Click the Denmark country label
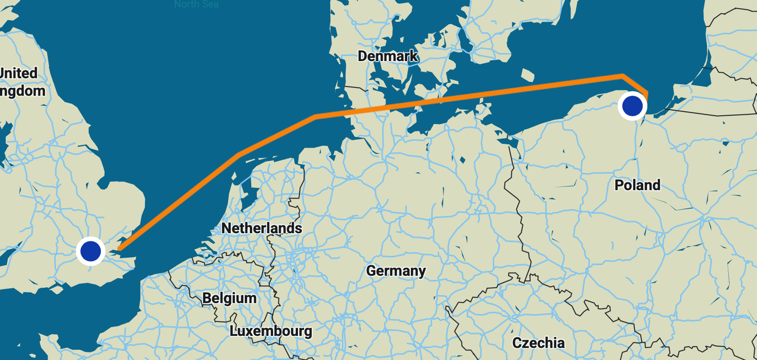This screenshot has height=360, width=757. pyautogui.click(x=387, y=56)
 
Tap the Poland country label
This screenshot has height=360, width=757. pyautogui.click(x=637, y=185)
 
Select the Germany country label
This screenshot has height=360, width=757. pyautogui.click(x=396, y=271)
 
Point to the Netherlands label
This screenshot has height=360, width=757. pyautogui.click(x=262, y=228)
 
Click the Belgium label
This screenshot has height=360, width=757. pyautogui.click(x=229, y=299)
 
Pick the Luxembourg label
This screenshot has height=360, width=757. pyautogui.click(x=271, y=331)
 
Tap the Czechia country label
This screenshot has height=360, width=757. pyautogui.click(x=538, y=343)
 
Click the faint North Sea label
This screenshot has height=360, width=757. pyautogui.click(x=196, y=4)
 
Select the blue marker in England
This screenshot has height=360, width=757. pyautogui.click(x=90, y=251)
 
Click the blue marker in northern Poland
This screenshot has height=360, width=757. pyautogui.click(x=632, y=105)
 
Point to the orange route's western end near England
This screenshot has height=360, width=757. pyautogui.click(x=119, y=248)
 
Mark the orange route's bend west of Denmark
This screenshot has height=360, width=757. pyautogui.click(x=316, y=116)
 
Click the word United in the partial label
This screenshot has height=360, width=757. pyautogui.click(x=18, y=73)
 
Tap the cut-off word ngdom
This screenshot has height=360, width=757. pyautogui.click(x=22, y=91)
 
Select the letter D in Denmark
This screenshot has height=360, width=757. pyautogui.click(x=362, y=56)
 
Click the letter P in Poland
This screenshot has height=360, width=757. pyautogui.click(x=619, y=185)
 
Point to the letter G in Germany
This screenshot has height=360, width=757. pyautogui.click(x=371, y=271)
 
